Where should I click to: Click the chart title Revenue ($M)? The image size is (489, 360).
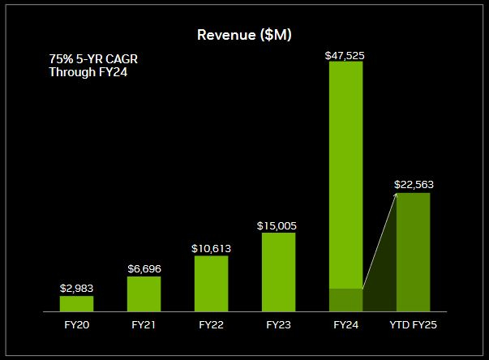(245, 35)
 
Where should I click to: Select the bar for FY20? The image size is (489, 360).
(76, 303)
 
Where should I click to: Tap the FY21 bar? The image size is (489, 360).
(144, 294)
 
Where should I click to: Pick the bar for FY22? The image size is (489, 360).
(211, 283)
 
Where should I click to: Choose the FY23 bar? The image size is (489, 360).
(278, 272)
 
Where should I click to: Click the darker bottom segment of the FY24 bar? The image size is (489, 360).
(345, 300)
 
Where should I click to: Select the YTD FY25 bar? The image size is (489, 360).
(413, 252)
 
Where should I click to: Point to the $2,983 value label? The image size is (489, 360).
(76, 288)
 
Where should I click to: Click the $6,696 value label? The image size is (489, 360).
(144, 268)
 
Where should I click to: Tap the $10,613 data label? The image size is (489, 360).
(211, 248)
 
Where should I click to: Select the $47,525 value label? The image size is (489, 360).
(345, 55)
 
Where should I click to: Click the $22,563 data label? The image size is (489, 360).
(414, 184)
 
